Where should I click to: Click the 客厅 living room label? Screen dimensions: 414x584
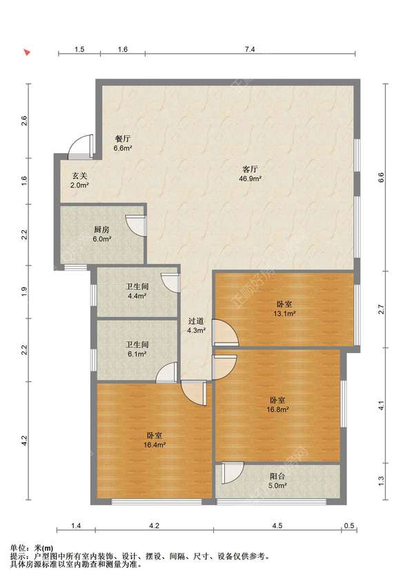tap(250, 170)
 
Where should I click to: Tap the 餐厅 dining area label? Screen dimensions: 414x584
tap(123, 139)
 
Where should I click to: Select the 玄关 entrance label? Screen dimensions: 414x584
tap(80, 176)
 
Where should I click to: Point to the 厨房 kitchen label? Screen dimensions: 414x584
tap(101, 230)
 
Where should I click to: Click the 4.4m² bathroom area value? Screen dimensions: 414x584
tap(137, 296)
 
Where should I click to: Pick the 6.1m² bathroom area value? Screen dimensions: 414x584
tap(137, 354)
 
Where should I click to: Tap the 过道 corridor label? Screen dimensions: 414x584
tap(196, 321)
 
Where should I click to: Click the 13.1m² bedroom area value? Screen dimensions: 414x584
tap(285, 313)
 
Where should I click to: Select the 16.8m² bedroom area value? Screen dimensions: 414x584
tap(278, 410)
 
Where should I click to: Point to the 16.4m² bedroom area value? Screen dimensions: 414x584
tap(155, 444)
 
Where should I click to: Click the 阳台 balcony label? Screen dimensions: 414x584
tap(277, 476)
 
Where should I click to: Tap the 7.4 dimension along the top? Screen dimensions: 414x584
tap(250, 49)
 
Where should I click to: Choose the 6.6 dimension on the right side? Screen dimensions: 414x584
tap(380, 177)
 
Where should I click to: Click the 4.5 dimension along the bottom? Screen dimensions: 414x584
tap(277, 525)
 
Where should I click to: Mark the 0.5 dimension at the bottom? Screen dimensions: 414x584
tap(349, 525)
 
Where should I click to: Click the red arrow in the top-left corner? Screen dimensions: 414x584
tap(27, 52)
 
